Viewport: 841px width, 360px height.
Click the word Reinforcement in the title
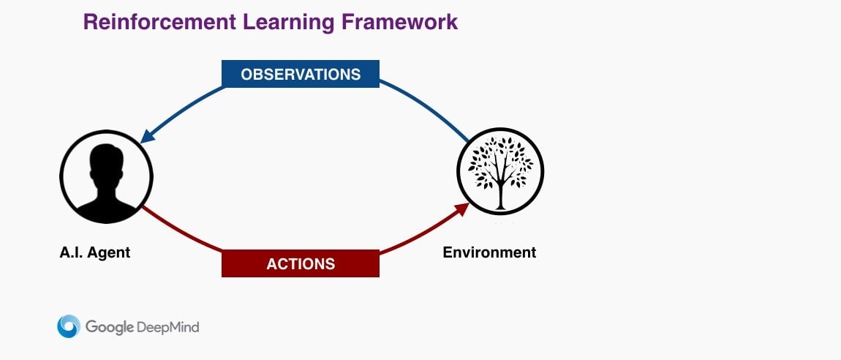(159, 22)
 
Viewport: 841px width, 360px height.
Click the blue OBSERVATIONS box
(301, 74)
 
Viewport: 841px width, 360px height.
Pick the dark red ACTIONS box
(301, 263)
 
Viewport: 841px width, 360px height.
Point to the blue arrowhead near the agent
(148, 135)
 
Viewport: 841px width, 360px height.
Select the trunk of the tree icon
(500, 194)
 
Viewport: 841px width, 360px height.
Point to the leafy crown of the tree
(500, 162)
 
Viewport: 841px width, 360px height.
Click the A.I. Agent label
(95, 252)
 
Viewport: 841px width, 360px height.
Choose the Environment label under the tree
(489, 252)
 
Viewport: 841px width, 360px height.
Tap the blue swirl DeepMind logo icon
(69, 326)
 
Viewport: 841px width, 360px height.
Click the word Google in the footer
(109, 327)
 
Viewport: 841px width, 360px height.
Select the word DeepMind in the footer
(168, 327)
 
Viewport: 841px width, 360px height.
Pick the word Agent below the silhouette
(109, 253)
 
